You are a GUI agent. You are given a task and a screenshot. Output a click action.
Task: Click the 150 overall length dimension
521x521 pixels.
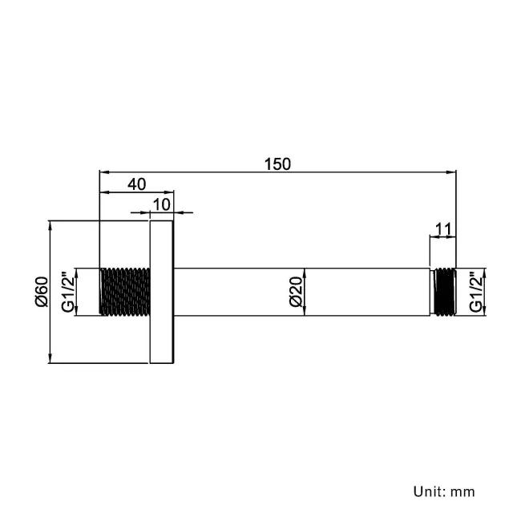[277, 164]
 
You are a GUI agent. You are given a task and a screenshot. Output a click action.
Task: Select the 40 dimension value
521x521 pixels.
[136, 184]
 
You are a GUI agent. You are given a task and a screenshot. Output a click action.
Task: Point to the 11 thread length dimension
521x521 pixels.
[442, 228]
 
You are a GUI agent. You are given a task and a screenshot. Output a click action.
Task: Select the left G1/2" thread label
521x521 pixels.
[69, 292]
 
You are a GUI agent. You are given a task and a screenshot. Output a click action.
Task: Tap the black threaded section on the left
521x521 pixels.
[124, 292]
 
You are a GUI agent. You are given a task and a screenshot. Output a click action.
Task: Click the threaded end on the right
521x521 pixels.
[442, 292]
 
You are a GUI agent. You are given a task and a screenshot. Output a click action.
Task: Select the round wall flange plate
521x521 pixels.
[163, 292]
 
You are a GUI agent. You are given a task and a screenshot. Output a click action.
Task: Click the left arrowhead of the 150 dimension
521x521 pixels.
[103, 171]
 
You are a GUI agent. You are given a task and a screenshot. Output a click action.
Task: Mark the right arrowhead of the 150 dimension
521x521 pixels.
[451, 171]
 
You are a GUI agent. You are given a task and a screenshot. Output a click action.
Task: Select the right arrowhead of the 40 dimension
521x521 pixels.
[170, 192]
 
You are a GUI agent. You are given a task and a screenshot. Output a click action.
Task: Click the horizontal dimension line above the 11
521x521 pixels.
[442, 238]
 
